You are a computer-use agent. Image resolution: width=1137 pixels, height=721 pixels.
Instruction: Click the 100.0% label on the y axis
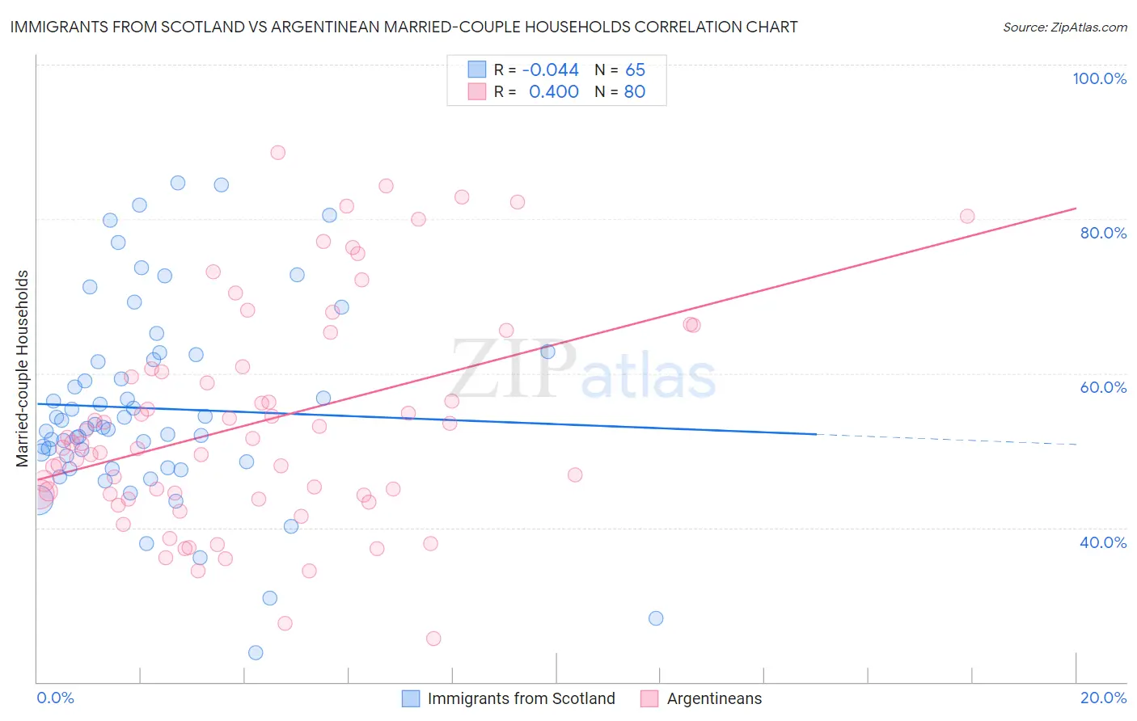coord(1099,78)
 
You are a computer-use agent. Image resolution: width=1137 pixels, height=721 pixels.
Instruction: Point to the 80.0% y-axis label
coord(1103,233)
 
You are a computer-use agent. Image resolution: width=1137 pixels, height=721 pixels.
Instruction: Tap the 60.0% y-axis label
coord(1103,387)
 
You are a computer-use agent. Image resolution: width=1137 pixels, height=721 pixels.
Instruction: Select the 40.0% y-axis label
coord(1103,542)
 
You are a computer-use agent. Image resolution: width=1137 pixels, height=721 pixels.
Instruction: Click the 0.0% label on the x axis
coord(55,698)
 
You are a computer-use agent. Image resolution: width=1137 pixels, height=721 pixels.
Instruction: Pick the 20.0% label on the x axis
coord(1103,698)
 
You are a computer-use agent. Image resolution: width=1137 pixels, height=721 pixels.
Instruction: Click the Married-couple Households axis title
coord(23,369)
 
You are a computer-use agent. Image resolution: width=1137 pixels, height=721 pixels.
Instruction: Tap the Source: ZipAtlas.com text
coord(1064,27)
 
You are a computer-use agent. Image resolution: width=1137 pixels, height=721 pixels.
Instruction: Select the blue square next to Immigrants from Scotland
coord(411,698)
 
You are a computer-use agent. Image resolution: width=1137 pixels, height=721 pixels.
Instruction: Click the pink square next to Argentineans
coord(649,698)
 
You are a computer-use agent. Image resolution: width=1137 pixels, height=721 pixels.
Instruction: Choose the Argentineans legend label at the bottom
coord(714,698)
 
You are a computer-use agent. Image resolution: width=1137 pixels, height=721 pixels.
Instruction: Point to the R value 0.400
coord(554,91)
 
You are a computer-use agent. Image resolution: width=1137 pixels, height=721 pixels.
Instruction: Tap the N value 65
coord(635,70)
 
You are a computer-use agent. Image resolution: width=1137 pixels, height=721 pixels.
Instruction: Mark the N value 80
coord(635,91)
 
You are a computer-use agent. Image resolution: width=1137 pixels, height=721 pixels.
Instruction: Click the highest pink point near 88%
coord(277,152)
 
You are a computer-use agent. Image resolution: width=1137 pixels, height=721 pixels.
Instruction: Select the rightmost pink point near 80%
coord(966,216)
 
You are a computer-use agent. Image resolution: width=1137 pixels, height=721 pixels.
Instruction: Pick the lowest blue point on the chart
coord(256,652)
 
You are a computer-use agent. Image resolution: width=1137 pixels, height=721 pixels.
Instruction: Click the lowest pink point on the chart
coord(433,639)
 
